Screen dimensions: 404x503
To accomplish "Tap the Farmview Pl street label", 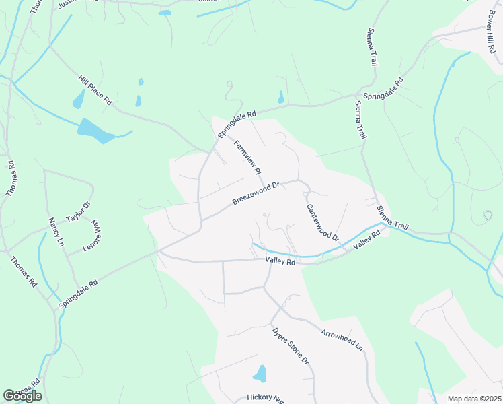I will click(246, 158).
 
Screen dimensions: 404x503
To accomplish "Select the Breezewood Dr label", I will click(255, 193).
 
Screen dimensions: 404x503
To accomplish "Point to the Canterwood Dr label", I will click(323, 224).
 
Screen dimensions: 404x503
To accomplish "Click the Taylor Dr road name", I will click(78, 213).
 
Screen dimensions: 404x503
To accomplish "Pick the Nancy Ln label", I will click(55, 230).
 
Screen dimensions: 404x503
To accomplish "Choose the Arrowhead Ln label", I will click(342, 341).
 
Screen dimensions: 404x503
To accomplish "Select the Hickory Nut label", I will click(265, 397).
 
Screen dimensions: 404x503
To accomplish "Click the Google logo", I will click(22, 396).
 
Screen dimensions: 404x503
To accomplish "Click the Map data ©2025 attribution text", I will click(474, 399).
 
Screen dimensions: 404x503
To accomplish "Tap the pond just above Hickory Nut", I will click(260, 373).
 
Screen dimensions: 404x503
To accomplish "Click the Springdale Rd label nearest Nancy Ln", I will click(78, 294).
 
